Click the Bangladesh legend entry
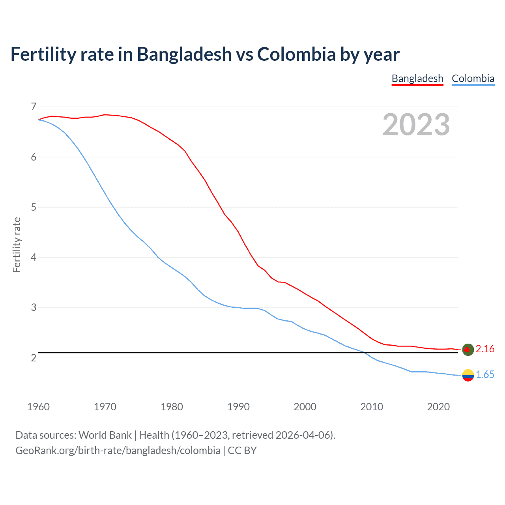pos(417,79)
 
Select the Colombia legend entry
pos(473,79)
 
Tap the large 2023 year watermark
pos(416,125)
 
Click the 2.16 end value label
pos(485,349)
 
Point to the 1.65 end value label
pos(485,375)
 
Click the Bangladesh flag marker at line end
pos(468,350)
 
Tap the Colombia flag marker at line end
pos(468,375)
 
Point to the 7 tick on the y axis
pos(33,107)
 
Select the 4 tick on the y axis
pos(33,258)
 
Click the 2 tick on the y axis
pos(33,358)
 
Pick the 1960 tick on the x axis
pos(38,407)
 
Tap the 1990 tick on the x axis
pos(238,407)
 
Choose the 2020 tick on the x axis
pos(438,407)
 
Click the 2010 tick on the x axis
pos(372,407)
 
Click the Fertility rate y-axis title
pos(17,245)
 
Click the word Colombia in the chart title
pos(296,54)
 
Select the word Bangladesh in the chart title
pos(184,54)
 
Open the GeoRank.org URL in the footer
pos(118,451)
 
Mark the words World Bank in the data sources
pos(105,435)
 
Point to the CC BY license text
pos(242,451)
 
